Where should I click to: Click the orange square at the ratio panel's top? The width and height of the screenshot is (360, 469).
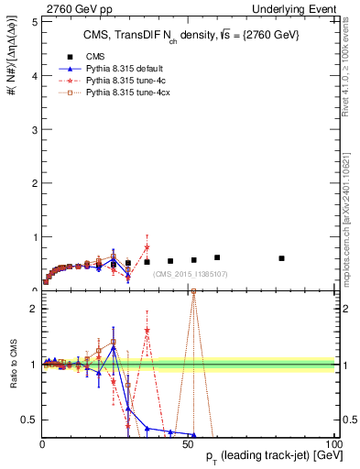coord(193,293)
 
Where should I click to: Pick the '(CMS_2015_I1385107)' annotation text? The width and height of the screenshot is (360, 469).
coord(191,274)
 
